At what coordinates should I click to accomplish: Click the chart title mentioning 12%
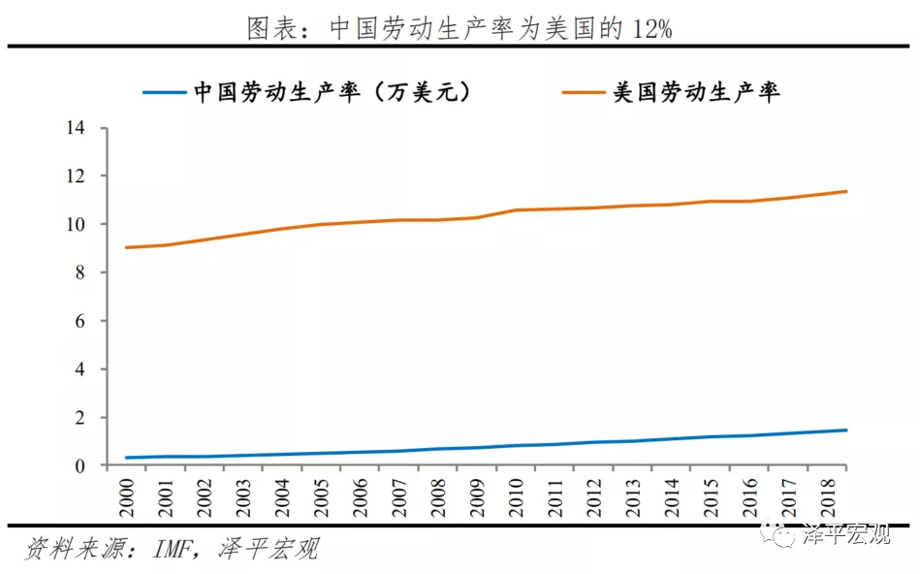tap(460, 28)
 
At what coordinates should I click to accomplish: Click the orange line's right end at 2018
tap(846, 191)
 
